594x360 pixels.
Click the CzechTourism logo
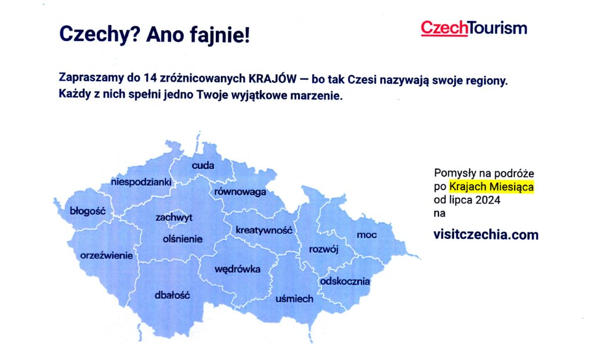[x=474, y=28]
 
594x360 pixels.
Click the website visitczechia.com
[x=486, y=235]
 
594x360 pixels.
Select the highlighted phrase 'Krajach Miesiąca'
[x=491, y=187]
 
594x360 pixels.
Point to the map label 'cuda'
[x=203, y=166]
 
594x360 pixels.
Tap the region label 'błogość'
[x=87, y=211]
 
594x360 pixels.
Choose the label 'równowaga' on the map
[x=240, y=192]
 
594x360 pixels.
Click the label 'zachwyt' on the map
[x=173, y=217]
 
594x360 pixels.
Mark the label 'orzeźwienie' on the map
[x=107, y=255]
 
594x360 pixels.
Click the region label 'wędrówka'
[x=237, y=269]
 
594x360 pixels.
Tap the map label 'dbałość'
[x=172, y=295]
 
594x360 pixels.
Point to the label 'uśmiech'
[x=294, y=299]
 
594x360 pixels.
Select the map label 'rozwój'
[x=324, y=249]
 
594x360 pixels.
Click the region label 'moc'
[x=367, y=235]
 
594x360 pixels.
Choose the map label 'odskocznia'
[x=345, y=282]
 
